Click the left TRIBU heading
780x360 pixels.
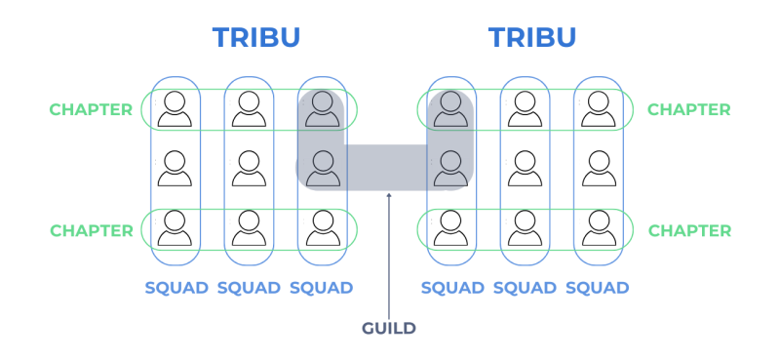[x=256, y=37]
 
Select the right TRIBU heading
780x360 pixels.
[x=532, y=37]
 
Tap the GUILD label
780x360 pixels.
[x=389, y=329]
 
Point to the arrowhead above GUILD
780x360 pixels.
[x=389, y=195]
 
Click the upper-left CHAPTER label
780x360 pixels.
[x=91, y=109]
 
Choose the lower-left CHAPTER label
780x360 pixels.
[x=92, y=231]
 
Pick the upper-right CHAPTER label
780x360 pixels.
[x=689, y=109]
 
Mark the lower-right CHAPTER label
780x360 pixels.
[x=690, y=231]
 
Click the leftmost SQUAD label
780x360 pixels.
[x=176, y=288]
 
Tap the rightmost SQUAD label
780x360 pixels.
[x=598, y=288]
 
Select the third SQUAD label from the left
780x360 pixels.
[x=322, y=288]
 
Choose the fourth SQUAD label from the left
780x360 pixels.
[x=452, y=288]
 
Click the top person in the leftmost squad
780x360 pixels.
[x=175, y=109]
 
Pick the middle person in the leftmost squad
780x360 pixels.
[x=175, y=169]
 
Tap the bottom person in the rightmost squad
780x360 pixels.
[x=599, y=228]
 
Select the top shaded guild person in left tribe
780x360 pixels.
[x=323, y=109]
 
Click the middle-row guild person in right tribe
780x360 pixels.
[x=450, y=169]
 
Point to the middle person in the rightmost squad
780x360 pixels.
[x=599, y=169]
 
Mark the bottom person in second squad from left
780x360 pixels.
[x=249, y=228]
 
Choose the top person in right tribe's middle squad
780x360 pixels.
[x=525, y=109]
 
